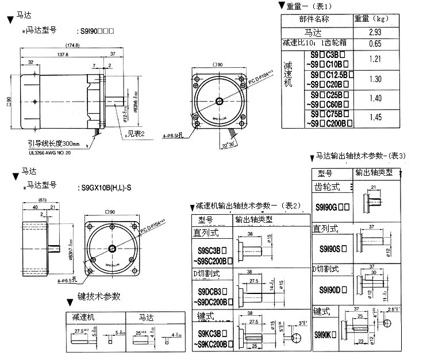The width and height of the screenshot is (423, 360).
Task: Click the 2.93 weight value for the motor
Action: [x=375, y=32]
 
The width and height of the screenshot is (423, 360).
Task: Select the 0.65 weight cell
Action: [x=375, y=43]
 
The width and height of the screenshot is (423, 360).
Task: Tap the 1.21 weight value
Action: [x=375, y=59]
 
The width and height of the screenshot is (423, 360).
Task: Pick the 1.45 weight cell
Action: [x=375, y=117]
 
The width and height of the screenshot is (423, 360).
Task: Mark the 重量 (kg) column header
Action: [x=374, y=19]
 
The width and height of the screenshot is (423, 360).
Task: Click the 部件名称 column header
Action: [x=314, y=19]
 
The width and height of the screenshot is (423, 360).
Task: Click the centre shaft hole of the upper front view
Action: [x=220, y=101]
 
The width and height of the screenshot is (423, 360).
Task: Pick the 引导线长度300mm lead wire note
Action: [x=55, y=143]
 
